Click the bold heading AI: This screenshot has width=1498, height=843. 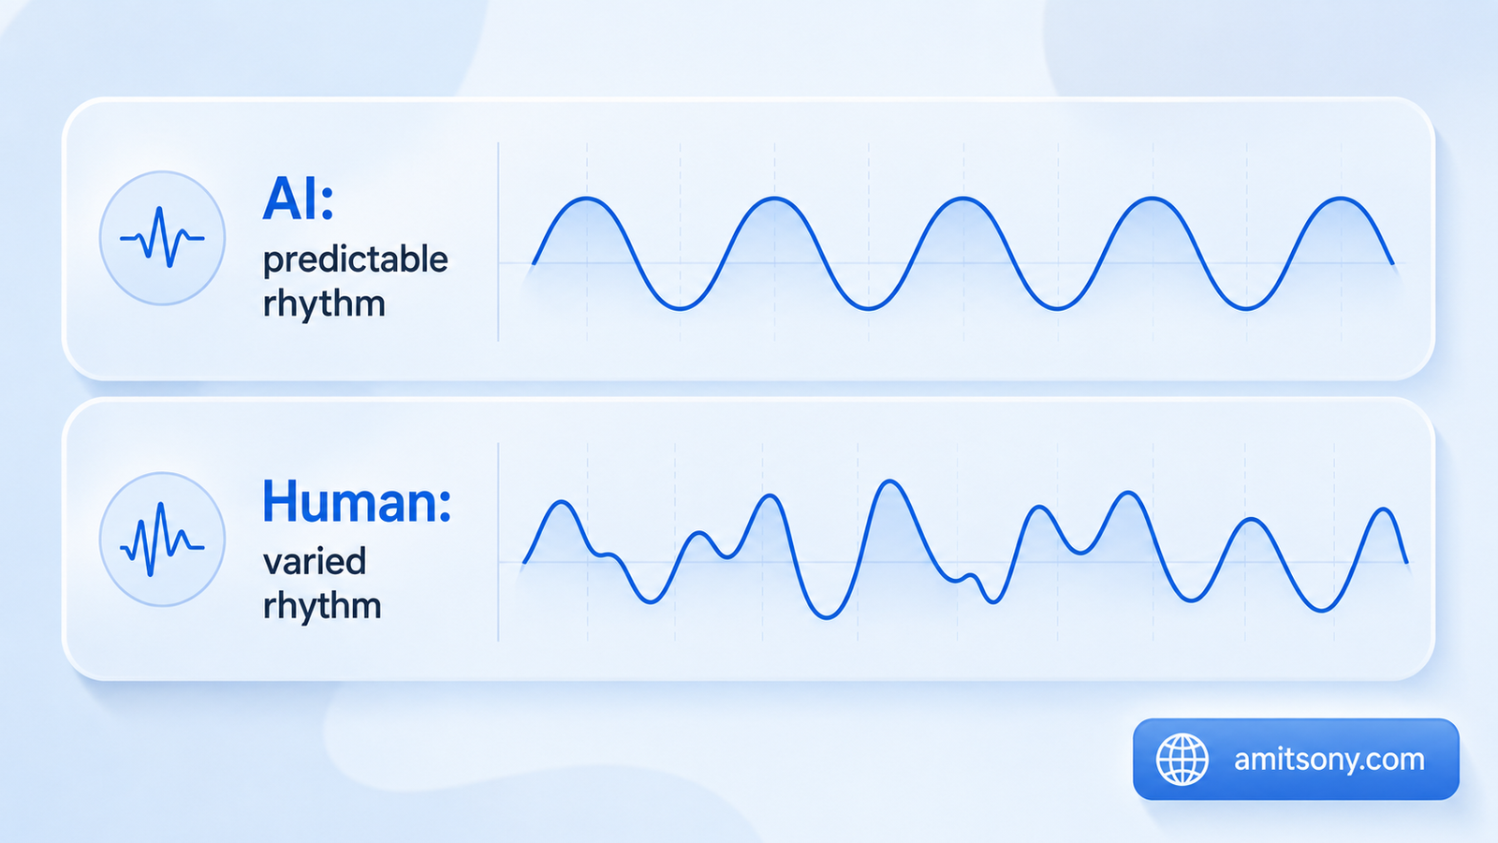(x=298, y=200)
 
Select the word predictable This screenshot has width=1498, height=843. (x=355, y=261)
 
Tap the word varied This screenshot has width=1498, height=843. (x=315, y=561)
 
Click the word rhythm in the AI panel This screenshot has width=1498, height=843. (x=324, y=303)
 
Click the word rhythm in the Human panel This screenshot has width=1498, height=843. (x=322, y=605)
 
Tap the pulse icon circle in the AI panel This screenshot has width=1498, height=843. (x=163, y=238)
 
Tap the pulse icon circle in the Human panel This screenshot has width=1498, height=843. (x=163, y=540)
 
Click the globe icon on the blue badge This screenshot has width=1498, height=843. (x=1182, y=760)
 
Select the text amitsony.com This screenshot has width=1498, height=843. (x=1329, y=760)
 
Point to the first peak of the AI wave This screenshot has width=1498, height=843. (x=586, y=198)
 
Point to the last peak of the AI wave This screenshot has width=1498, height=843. (x=1341, y=198)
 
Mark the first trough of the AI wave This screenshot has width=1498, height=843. (x=680, y=308)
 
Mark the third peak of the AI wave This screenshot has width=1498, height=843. (x=963, y=198)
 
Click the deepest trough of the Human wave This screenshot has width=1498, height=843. (x=827, y=617)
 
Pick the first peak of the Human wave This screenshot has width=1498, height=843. (x=563, y=502)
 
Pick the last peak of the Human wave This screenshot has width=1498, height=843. (x=1384, y=510)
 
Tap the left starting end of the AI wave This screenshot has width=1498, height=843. (x=534, y=263)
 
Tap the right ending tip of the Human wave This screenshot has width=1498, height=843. (x=1407, y=562)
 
